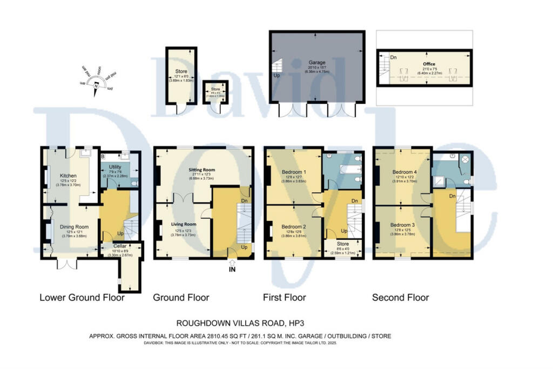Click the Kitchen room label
pos(68,176)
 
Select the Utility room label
pos(115,167)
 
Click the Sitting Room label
pos(201,170)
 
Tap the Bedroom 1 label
pos(294,172)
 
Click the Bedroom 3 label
pos(402,225)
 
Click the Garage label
pos(316,63)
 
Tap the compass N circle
pos(96,85)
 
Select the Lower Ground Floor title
pos(82,298)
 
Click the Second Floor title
pos(401,298)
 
